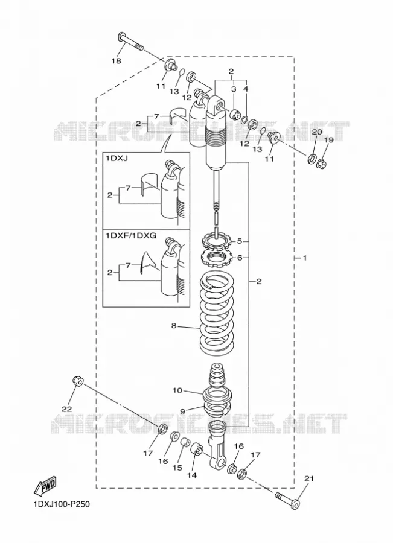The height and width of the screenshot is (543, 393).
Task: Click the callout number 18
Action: click(x=116, y=60)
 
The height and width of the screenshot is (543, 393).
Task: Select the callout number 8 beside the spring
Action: click(x=174, y=326)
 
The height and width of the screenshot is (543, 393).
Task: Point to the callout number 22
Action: click(x=67, y=409)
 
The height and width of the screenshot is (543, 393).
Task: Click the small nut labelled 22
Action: click(x=78, y=381)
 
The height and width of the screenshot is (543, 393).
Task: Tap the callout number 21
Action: click(x=309, y=478)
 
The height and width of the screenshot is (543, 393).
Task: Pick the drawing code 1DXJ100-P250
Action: click(x=62, y=504)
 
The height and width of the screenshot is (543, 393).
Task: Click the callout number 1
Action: click(x=305, y=258)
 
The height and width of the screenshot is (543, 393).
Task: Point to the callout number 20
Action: click(x=317, y=132)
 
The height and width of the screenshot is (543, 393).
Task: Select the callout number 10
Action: click(x=177, y=390)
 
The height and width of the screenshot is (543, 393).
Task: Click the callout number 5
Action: click(x=240, y=241)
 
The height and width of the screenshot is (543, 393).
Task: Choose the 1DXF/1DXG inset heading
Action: click(x=131, y=236)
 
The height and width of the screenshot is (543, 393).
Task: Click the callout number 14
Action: click(x=191, y=475)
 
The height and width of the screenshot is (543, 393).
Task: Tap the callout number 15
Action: click(x=177, y=468)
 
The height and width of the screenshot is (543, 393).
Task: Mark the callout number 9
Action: click(x=182, y=411)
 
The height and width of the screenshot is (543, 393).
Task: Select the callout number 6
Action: click(x=240, y=258)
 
